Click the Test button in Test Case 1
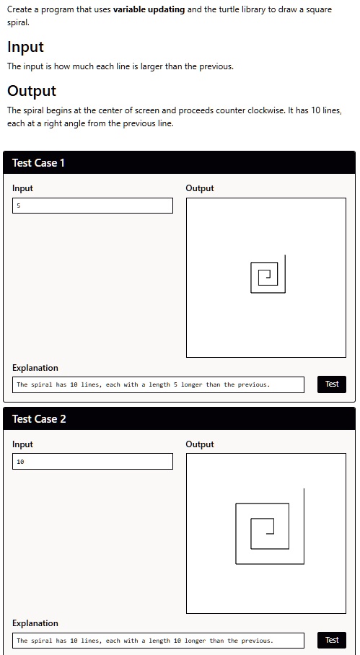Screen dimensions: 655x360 point(331,384)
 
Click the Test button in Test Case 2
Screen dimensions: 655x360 point(331,640)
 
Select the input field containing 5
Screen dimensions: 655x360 point(92,206)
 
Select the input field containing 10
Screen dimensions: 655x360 point(92,461)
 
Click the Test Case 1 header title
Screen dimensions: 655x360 point(38,163)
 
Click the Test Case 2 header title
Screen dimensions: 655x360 point(38,419)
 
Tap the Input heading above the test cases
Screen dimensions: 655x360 point(25,47)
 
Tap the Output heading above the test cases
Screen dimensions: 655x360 point(31,91)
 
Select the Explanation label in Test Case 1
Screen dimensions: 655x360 point(35,368)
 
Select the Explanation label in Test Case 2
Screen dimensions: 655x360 point(35,623)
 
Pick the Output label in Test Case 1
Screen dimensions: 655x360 point(200,188)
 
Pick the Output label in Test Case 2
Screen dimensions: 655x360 point(200,444)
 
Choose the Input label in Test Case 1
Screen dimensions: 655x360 point(22,188)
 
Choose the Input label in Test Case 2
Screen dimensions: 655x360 point(22,444)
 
